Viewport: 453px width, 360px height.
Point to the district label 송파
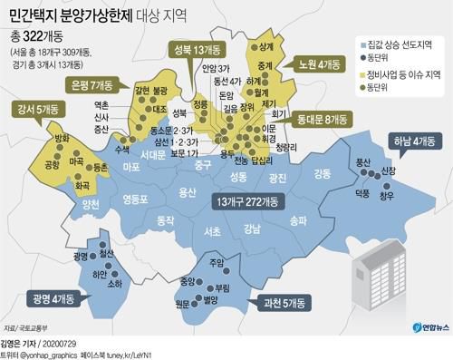click(298, 219)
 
